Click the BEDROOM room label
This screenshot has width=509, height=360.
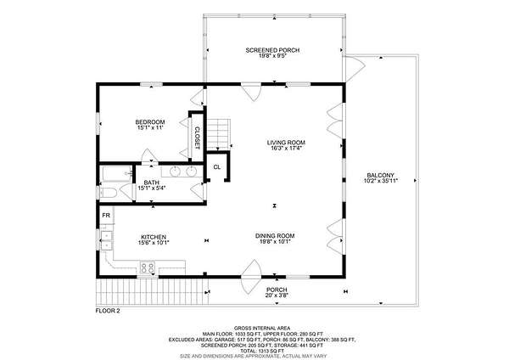point(150,122)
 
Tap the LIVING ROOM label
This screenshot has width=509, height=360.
point(286,143)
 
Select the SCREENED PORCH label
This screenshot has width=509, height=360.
point(272,50)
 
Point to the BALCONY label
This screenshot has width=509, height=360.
point(381,175)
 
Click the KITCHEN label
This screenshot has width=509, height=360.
point(154,237)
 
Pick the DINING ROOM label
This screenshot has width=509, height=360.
point(275,235)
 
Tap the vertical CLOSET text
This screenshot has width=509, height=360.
point(197,138)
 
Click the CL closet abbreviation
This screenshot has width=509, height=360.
point(217,167)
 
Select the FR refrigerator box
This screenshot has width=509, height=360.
point(106,215)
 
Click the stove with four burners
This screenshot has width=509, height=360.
point(148,267)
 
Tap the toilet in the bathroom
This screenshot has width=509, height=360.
point(108,193)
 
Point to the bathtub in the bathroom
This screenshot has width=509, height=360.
point(117,174)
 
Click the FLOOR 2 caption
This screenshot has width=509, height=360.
point(108,311)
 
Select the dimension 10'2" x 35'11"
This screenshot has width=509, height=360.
point(381,181)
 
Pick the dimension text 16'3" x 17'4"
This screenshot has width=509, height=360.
point(287,148)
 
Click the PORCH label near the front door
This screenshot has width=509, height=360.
point(277,290)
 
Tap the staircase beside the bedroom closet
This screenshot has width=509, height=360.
point(219,133)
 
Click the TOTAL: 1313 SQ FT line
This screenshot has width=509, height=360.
point(262,352)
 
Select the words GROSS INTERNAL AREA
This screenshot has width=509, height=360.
point(262,328)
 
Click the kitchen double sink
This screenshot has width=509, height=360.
point(106,240)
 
